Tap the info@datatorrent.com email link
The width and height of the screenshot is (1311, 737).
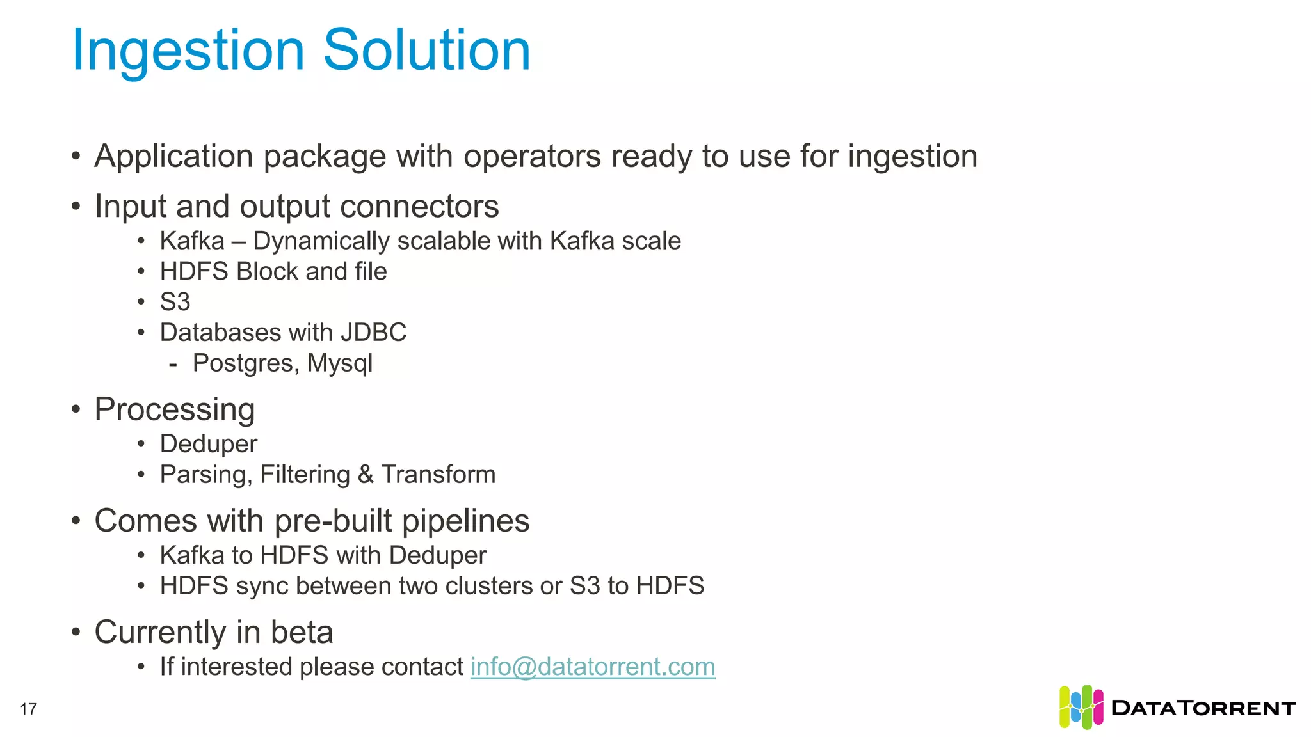[x=593, y=667]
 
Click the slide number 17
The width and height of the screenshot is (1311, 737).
[x=29, y=709]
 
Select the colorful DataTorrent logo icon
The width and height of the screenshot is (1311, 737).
[x=1081, y=707]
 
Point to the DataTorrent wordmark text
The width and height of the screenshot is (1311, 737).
[x=1203, y=708]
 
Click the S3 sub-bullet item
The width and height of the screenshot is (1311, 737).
[x=175, y=302]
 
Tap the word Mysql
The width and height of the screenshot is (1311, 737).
[x=340, y=363]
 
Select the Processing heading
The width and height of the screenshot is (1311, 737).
[x=175, y=409]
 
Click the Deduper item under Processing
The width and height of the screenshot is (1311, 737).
[x=209, y=444]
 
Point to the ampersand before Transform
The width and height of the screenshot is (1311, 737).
[x=366, y=475]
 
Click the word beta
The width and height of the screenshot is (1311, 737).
[x=302, y=632]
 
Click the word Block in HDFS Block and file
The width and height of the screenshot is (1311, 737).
[x=267, y=271]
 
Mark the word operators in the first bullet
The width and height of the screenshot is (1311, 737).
[x=532, y=157]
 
